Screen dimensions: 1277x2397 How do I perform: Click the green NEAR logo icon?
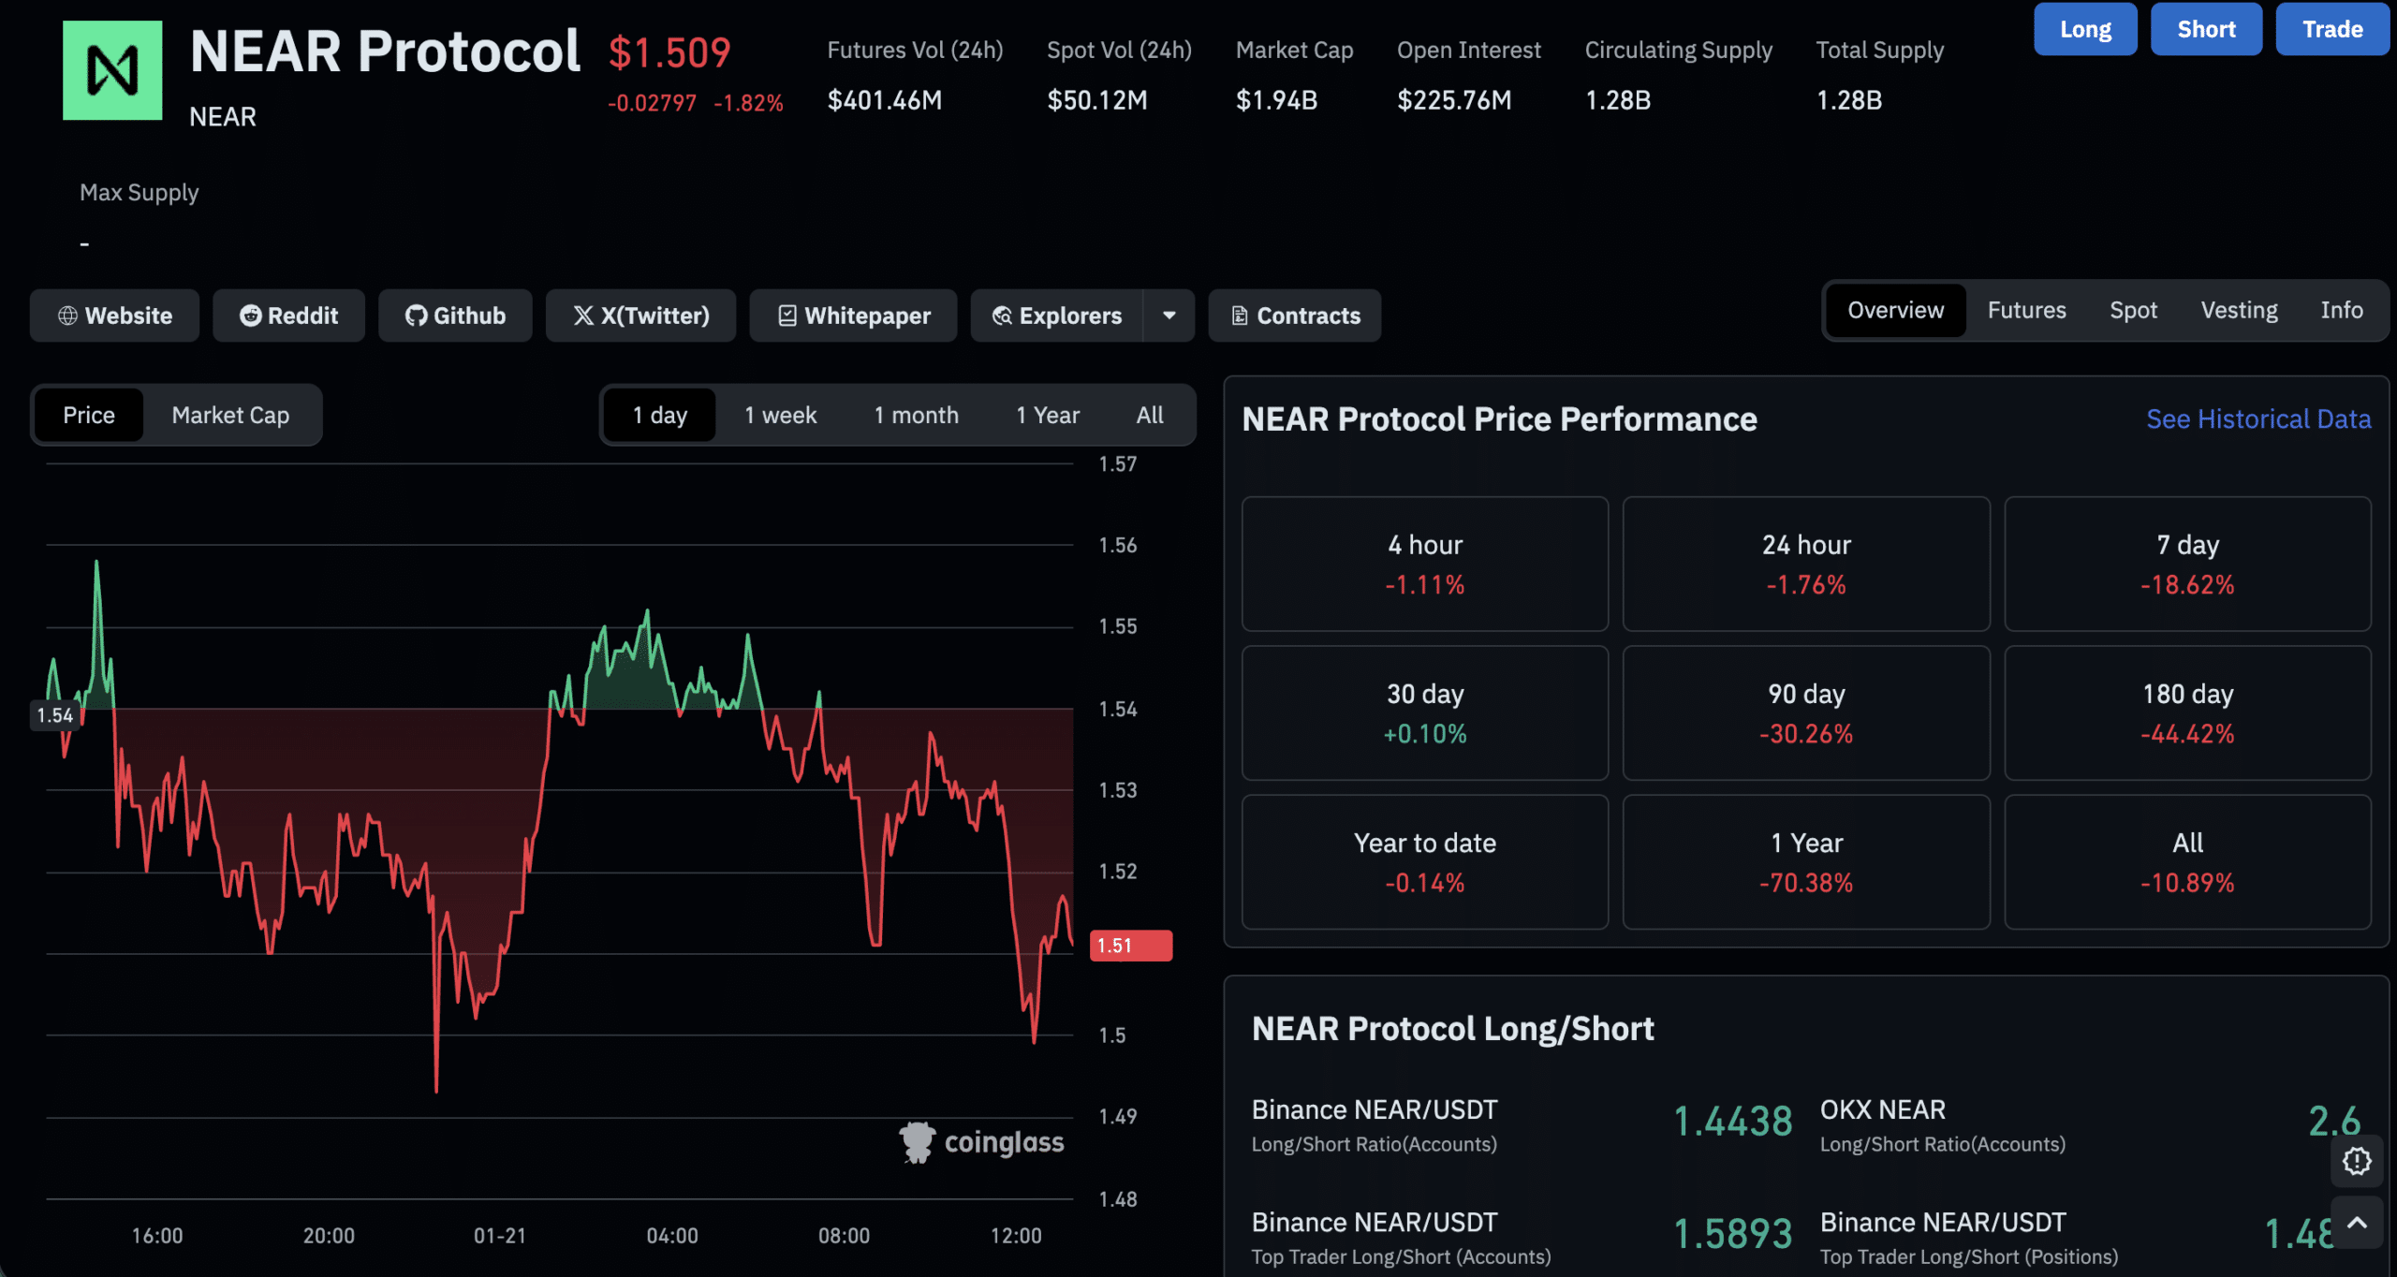coord(112,70)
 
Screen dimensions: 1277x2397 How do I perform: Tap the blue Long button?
coord(2084,29)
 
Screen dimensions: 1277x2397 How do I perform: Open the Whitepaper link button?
coord(853,316)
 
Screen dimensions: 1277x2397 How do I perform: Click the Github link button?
coord(455,316)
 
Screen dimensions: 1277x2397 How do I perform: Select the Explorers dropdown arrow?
coord(1169,316)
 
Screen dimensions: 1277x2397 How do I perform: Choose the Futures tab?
coord(2026,310)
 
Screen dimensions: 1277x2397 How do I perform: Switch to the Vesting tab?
coord(2239,310)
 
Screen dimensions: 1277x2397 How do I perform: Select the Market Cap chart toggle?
coord(230,415)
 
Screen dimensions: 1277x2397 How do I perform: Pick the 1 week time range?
coord(780,415)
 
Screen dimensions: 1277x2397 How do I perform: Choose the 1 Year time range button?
coord(1047,415)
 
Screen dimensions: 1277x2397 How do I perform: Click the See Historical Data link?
coord(2257,418)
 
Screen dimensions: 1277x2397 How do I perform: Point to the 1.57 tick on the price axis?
coord(1117,464)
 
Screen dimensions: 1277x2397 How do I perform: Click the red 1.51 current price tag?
coord(1130,946)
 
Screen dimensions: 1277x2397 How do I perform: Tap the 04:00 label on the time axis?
coord(671,1236)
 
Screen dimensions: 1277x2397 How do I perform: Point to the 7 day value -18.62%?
coord(2186,585)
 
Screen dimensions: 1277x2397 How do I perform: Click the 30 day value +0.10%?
coord(1424,734)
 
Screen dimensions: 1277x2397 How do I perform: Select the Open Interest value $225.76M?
coord(1453,100)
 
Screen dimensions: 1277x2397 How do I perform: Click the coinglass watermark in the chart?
coord(982,1142)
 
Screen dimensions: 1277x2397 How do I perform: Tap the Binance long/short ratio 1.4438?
coord(1732,1122)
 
